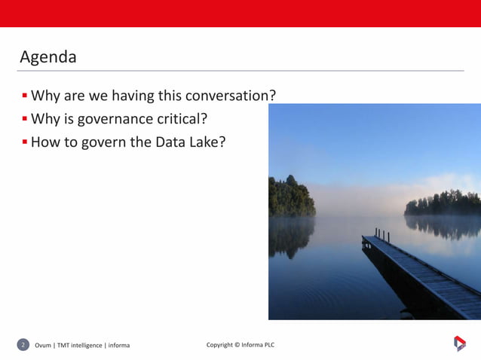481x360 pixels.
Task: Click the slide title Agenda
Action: (47, 56)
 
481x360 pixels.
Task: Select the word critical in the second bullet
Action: (180, 118)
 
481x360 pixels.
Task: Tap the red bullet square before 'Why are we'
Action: (25, 96)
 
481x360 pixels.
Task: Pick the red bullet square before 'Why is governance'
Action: (25, 119)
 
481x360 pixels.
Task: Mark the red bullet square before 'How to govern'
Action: (25, 142)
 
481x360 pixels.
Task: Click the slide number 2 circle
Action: (23, 345)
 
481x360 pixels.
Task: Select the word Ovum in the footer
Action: (43, 346)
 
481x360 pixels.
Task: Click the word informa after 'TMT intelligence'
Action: (118, 346)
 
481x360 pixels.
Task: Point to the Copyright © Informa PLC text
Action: (240, 345)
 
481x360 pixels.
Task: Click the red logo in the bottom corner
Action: (459, 343)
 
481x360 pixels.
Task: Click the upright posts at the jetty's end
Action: (382, 235)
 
